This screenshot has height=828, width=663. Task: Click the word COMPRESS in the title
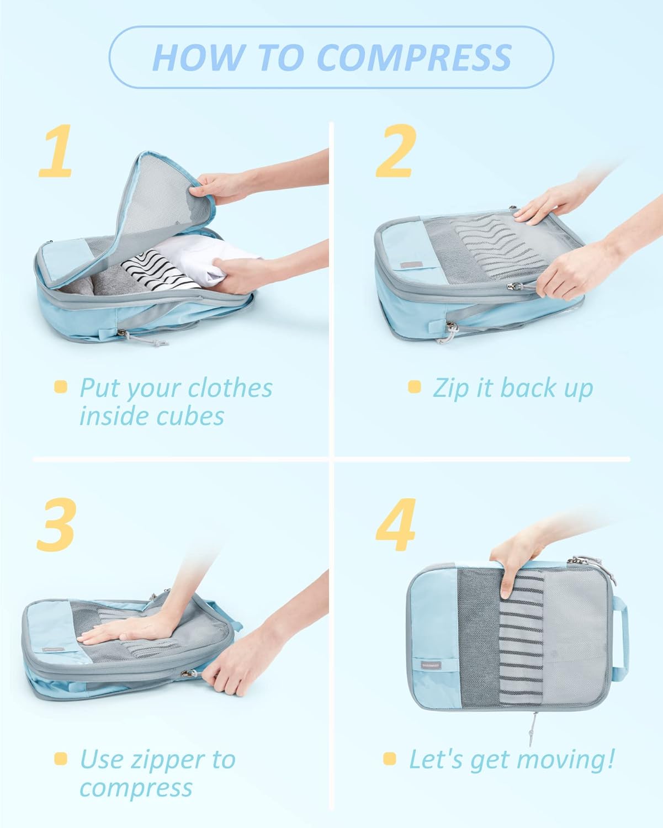pos(414,57)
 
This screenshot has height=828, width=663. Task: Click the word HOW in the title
pos(199,57)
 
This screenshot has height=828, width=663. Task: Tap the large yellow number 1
pos(56,151)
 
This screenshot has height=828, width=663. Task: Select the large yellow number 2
pos(396,151)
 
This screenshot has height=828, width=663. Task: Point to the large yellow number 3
pos(56,524)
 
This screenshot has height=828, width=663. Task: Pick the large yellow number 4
pos(396,524)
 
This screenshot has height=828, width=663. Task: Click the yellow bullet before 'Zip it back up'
pos(415,387)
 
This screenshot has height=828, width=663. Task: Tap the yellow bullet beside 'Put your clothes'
pos(61,387)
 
